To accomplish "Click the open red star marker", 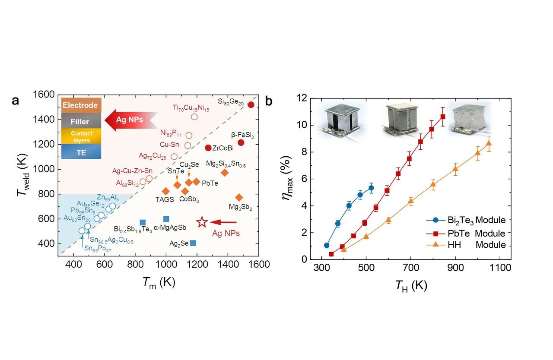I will coord(202,222).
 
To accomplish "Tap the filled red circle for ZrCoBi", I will coord(208,148).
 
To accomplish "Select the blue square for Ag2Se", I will coord(193,243).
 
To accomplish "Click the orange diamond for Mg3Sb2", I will coord(239,197).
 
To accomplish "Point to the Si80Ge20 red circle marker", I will coord(251,104).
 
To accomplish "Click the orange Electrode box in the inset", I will coord(82,105).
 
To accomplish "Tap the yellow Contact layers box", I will coord(82,136).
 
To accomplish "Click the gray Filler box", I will coord(82,121).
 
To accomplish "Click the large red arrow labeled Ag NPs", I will coord(129,120).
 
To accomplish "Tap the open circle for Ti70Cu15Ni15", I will coord(194,117).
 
